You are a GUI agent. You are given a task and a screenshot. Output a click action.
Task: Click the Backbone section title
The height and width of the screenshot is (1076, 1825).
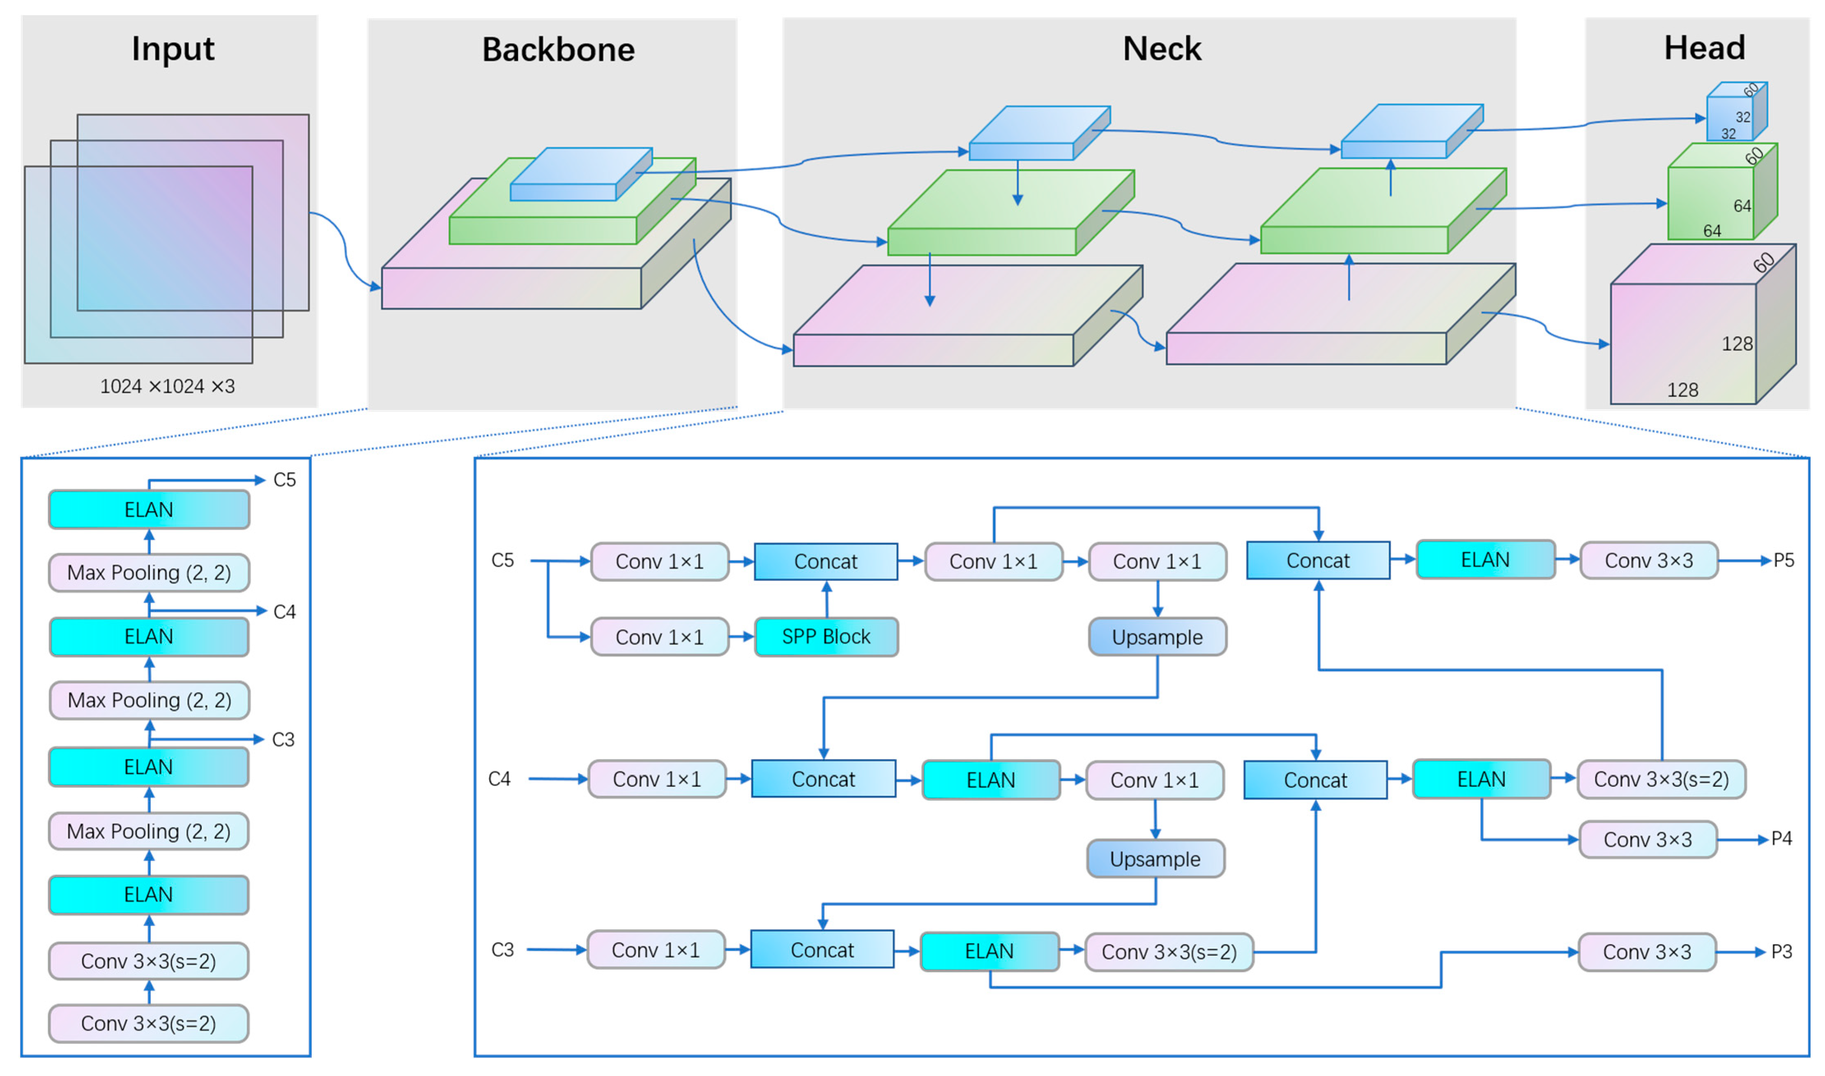point(558,49)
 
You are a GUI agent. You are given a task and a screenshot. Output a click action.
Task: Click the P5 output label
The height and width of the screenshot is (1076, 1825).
point(1783,560)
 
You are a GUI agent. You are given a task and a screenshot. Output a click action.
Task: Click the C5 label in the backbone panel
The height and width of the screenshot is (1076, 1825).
point(284,480)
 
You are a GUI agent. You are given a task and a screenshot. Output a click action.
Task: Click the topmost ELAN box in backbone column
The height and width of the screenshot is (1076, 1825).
point(149,510)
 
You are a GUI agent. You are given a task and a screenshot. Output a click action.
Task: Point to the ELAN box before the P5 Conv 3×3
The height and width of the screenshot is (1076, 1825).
point(1485,560)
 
